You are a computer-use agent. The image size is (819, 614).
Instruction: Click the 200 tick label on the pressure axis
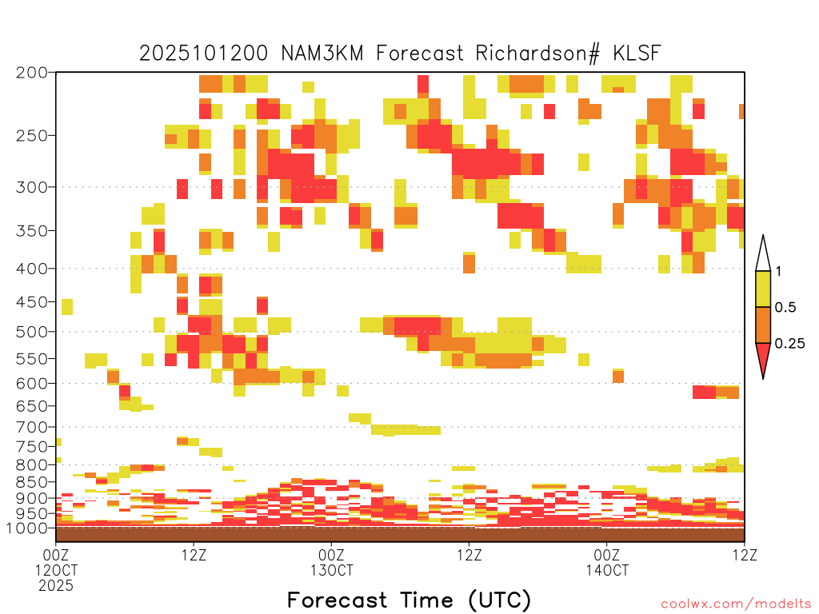[x=32, y=73]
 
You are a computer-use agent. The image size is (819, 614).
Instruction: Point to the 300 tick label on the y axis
[x=32, y=187]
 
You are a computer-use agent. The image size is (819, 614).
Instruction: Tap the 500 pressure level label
[x=32, y=332]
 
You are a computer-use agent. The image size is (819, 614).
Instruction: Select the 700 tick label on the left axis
[x=32, y=427]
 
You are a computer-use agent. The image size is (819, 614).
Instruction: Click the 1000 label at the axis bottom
[x=27, y=528]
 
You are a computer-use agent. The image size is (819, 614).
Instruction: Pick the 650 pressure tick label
[x=32, y=405]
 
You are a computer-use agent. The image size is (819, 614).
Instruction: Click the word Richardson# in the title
[x=537, y=54]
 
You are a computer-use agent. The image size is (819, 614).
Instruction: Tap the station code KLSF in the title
[x=637, y=54]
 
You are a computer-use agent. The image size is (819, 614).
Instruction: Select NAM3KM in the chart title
[x=322, y=54]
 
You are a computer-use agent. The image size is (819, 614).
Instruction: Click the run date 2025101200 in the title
[x=204, y=54]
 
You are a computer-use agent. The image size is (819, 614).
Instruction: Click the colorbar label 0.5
[x=785, y=308]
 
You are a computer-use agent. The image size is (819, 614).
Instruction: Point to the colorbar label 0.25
[x=789, y=344]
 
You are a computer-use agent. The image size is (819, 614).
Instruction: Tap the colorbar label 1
[x=778, y=272]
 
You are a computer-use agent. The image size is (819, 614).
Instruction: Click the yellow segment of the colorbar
[x=763, y=289]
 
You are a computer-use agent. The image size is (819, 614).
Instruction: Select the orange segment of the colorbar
[x=763, y=325]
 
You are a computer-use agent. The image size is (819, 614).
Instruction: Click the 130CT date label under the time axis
[x=332, y=570]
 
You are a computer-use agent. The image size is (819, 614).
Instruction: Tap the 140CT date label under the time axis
[x=607, y=570]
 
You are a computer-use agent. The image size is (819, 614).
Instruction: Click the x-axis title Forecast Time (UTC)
[x=409, y=600]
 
